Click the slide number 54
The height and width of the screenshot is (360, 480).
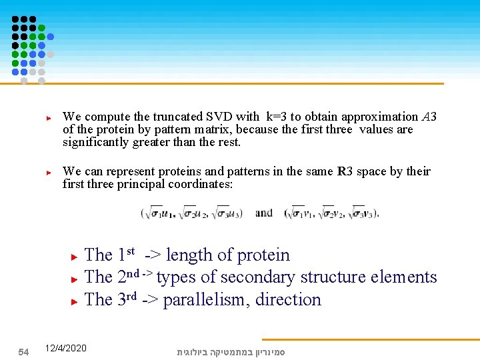pyautogui.click(x=23, y=351)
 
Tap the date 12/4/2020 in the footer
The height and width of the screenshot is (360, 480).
pyautogui.click(x=65, y=348)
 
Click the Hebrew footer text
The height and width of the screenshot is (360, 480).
pyautogui.click(x=231, y=351)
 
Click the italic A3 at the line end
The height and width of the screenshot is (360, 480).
pyautogui.click(x=429, y=117)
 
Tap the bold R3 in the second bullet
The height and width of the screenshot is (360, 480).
pyautogui.click(x=345, y=171)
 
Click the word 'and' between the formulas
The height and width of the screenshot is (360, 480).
pyautogui.click(x=264, y=213)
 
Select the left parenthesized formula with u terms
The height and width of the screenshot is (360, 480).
pyautogui.click(x=192, y=213)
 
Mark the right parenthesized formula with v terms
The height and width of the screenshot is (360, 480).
pyautogui.click(x=331, y=213)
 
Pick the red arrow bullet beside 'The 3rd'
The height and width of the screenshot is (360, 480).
pyautogui.click(x=75, y=301)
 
